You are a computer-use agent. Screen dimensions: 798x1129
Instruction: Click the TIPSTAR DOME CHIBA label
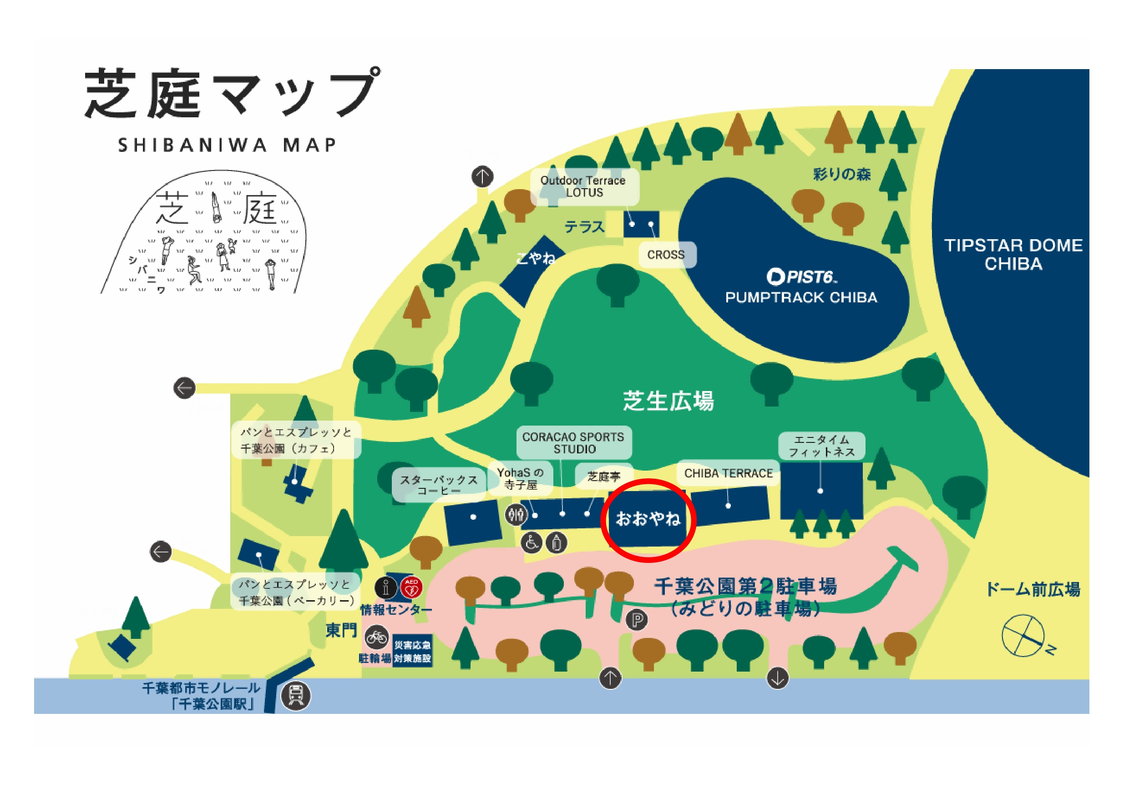[1013, 255]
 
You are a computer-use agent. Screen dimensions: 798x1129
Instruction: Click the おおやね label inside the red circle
[648, 518]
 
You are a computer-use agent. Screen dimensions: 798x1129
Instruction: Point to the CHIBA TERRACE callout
[728, 473]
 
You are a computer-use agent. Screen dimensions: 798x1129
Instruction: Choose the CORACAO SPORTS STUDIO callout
[573, 443]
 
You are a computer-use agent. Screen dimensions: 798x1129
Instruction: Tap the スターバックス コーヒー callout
[439, 486]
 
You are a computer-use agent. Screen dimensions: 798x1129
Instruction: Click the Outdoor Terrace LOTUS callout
[584, 187]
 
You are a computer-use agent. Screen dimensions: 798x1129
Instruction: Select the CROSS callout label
[666, 255]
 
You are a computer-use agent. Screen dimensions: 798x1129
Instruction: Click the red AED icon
[411, 587]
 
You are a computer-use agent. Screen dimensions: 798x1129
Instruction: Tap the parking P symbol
[637, 621]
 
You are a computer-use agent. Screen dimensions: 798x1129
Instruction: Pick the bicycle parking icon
[377, 638]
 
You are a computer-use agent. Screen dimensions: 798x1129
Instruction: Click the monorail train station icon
[295, 695]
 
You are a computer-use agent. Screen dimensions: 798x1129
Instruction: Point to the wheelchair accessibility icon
[532, 543]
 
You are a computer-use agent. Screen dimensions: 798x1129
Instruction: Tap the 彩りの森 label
[841, 174]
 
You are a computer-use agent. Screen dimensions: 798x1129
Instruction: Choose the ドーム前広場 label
[1033, 589]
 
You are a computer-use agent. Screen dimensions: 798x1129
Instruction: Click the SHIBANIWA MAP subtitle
[227, 146]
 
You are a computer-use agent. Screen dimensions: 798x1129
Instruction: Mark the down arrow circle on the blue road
[777, 678]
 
